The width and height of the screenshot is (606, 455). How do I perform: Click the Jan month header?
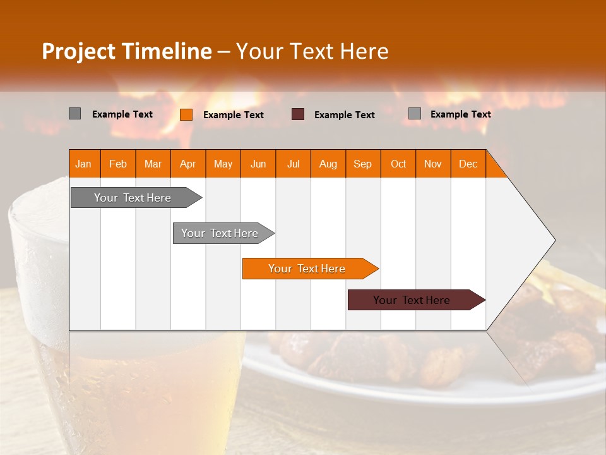click(83, 164)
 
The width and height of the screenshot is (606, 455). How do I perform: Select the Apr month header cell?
click(187, 164)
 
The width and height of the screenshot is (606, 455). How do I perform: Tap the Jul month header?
click(293, 164)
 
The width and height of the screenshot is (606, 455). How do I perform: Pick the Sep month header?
click(362, 164)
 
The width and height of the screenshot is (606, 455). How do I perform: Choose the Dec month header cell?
click(468, 164)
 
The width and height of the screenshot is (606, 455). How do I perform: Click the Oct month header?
click(398, 164)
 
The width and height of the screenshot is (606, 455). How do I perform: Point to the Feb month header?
click(118, 164)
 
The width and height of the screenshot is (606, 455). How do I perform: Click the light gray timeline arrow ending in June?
click(221, 233)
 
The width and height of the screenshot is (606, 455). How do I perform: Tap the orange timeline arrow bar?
click(307, 269)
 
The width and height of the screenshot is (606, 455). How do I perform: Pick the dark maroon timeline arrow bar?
click(413, 300)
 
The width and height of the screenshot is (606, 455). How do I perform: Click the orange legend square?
click(186, 114)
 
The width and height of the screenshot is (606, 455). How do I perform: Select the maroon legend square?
click(298, 114)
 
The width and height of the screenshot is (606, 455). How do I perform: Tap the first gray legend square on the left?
click(74, 114)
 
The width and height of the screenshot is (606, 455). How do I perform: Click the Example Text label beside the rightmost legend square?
click(460, 114)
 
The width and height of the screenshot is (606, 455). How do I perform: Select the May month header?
click(223, 164)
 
